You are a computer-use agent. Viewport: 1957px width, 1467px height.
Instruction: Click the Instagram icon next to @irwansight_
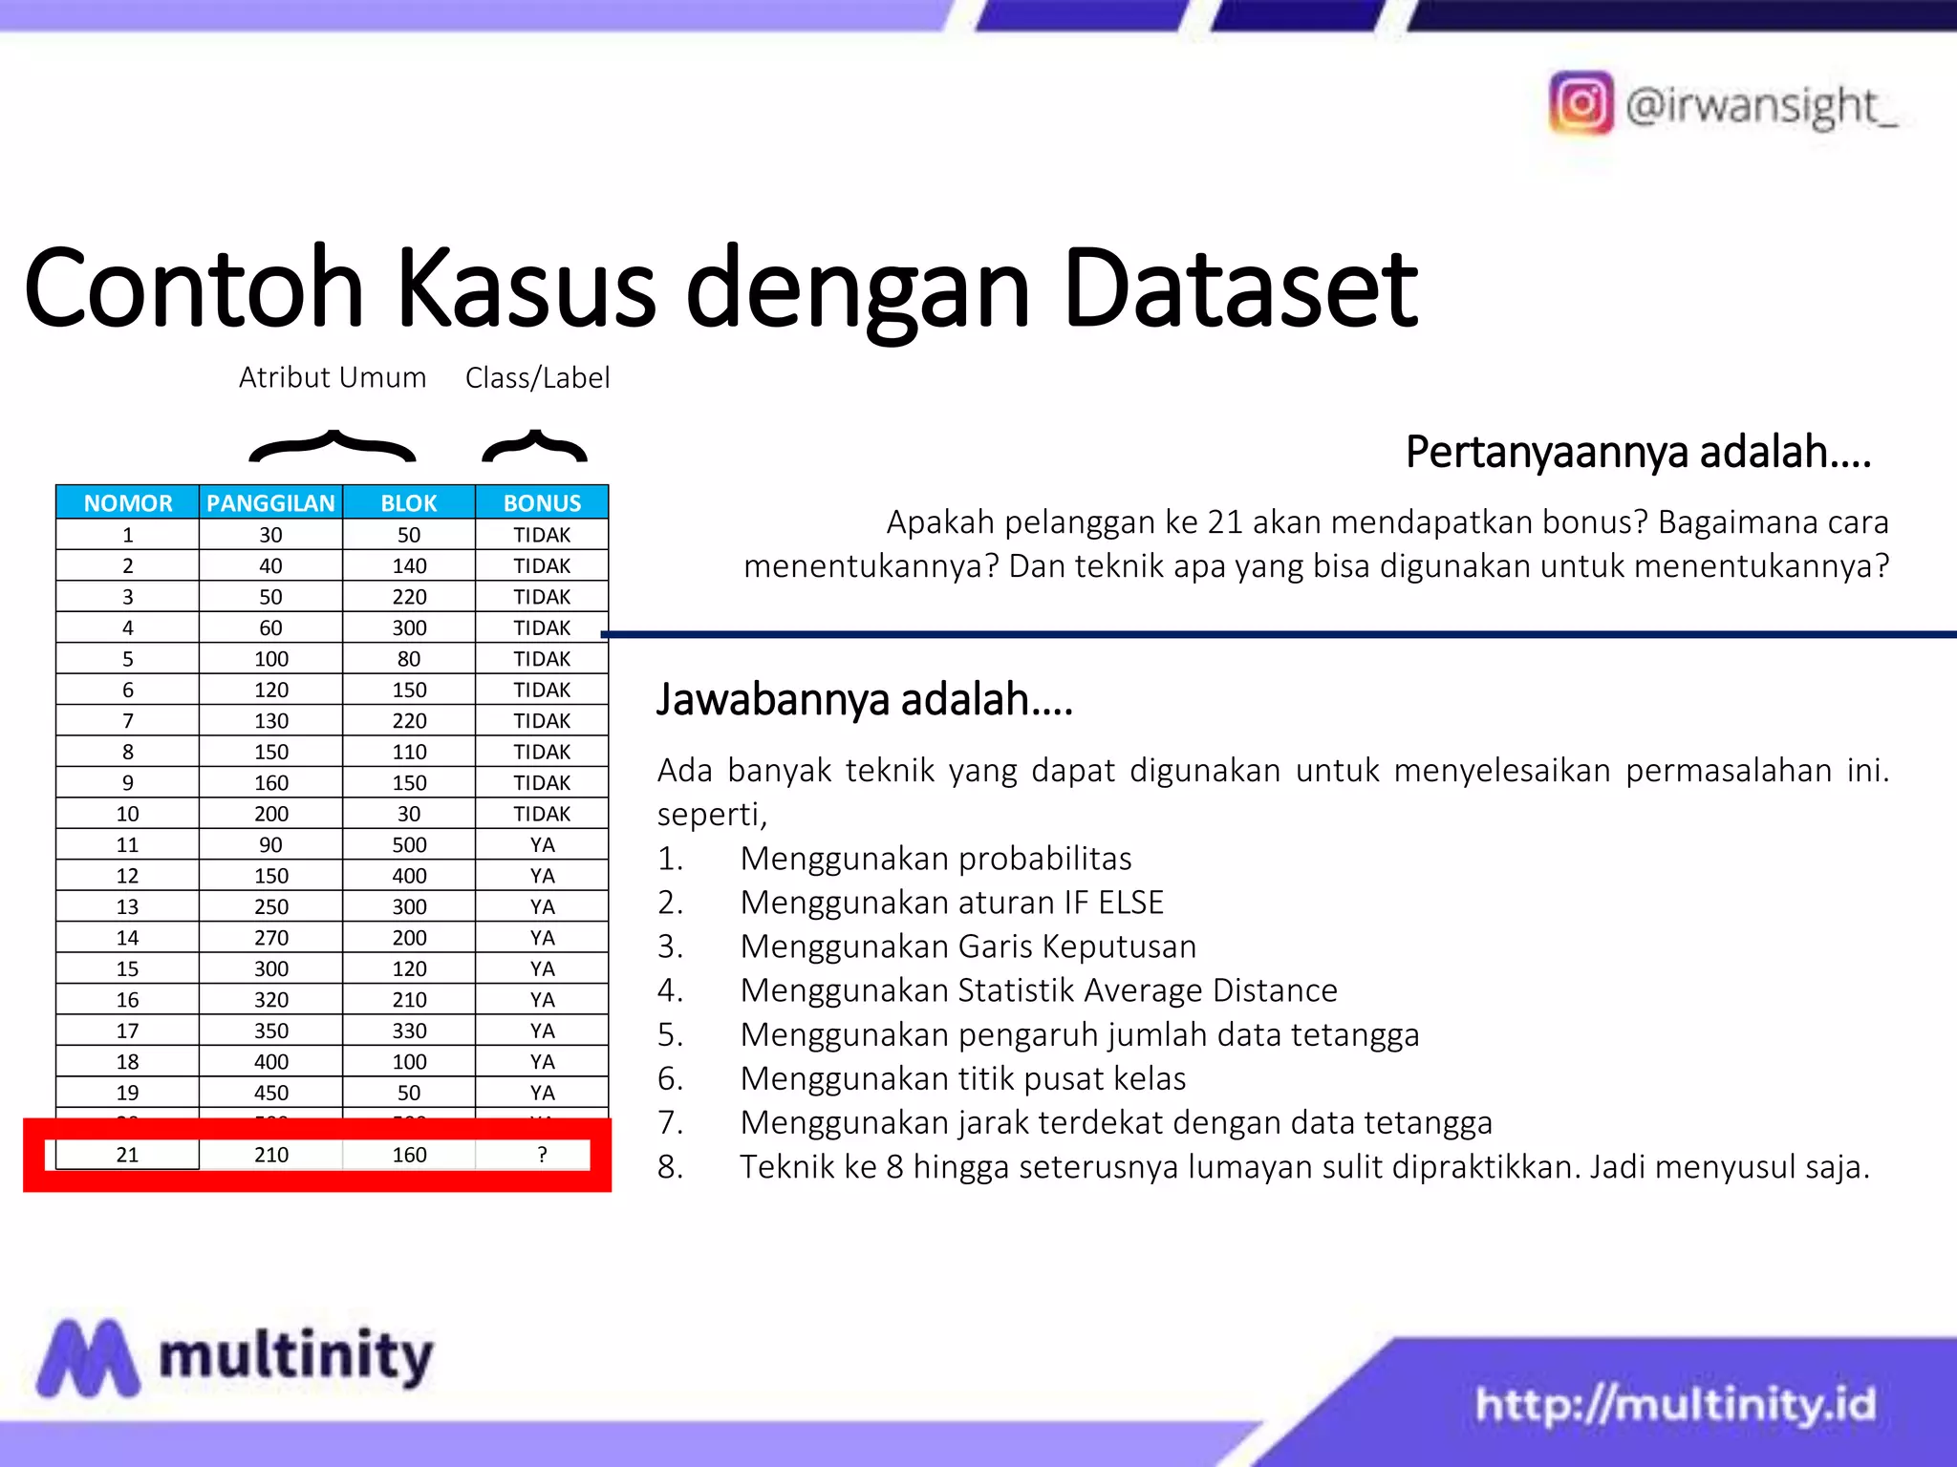(x=1581, y=103)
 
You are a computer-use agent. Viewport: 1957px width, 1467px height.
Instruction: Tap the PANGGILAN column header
(x=270, y=503)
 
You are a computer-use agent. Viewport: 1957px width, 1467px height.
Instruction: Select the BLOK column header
(x=409, y=503)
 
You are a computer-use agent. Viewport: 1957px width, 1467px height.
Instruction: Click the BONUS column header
(x=542, y=503)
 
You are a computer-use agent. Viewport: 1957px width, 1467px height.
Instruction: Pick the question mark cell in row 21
(x=542, y=1155)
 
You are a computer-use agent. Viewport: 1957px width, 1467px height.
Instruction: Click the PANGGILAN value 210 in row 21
(x=271, y=1155)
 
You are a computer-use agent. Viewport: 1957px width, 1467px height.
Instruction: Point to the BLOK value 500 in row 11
(x=409, y=845)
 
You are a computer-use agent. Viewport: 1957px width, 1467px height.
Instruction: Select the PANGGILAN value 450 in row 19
(x=271, y=1093)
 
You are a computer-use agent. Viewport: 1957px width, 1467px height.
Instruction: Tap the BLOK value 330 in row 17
(x=409, y=1031)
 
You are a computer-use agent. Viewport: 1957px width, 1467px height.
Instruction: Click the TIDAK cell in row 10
(x=542, y=814)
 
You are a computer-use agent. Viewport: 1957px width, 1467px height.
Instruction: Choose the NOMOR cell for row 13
(x=127, y=906)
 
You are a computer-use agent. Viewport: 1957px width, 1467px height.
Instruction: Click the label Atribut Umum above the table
(x=333, y=378)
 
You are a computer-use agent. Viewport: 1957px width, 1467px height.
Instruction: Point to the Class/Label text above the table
(x=537, y=378)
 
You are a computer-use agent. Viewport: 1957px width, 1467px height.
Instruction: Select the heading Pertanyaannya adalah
(x=1638, y=452)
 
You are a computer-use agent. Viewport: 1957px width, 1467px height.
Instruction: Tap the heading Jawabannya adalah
(x=865, y=699)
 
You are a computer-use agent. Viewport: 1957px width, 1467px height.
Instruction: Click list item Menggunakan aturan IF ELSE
(x=952, y=903)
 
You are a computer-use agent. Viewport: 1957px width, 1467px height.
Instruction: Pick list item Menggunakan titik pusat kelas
(x=962, y=1078)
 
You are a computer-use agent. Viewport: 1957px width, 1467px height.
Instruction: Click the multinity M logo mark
(x=88, y=1358)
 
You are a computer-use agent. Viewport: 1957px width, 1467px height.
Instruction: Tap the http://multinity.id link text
(x=1675, y=1405)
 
